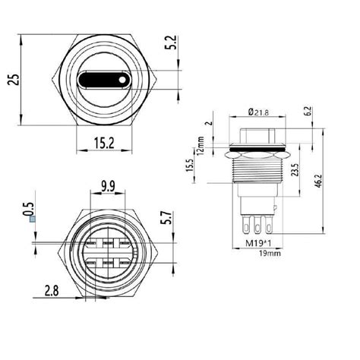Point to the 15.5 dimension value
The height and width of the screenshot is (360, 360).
point(209,165)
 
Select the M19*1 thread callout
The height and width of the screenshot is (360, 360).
point(259,244)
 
